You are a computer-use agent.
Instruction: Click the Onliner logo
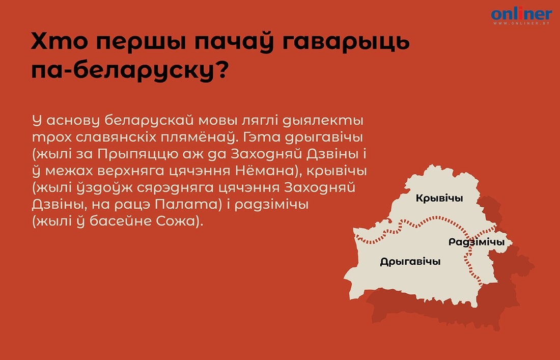click(521, 14)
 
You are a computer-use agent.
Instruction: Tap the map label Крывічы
click(439, 198)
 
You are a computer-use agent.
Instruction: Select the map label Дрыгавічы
click(410, 262)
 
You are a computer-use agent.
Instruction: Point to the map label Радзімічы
click(477, 242)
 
